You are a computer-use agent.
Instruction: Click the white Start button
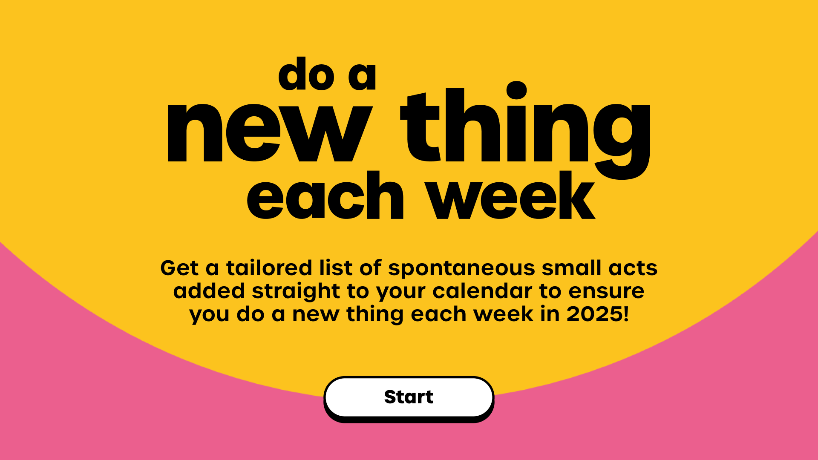409,397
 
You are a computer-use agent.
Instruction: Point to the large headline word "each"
325,195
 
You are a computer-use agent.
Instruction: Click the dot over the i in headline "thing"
517,90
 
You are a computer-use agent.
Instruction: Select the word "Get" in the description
180,268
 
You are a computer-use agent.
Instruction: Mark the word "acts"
633,269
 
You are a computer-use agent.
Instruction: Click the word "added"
209,291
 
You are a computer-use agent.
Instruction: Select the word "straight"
296,292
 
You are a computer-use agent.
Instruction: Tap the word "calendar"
482,291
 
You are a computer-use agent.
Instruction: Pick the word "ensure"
606,292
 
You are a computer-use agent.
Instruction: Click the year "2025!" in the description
597,314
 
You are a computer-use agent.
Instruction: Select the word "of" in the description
370,268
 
